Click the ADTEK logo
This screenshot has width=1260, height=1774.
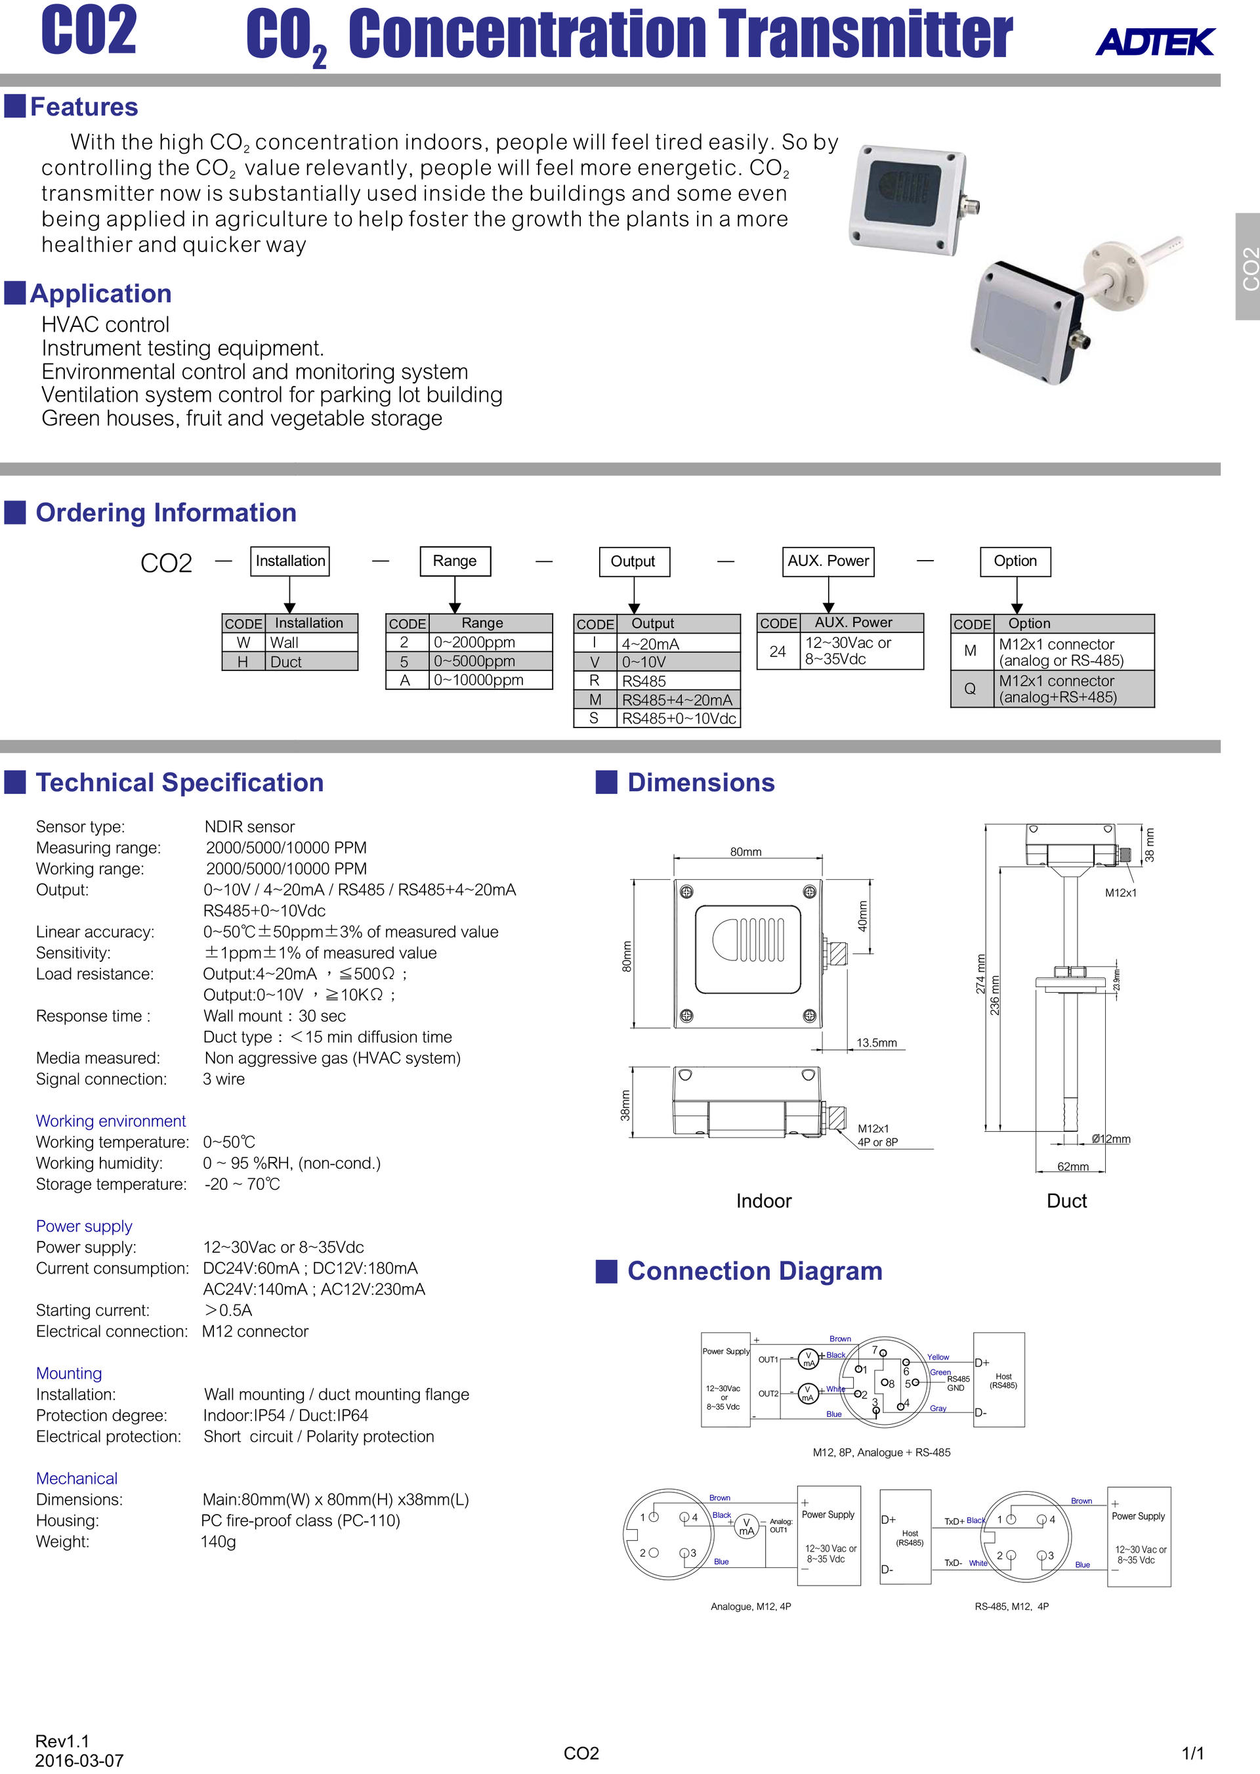1154,42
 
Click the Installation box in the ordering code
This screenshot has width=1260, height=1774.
290,561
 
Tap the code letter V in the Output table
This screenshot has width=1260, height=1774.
595,662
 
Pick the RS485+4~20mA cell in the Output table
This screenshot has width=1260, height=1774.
677,700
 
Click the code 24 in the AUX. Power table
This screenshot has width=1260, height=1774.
778,651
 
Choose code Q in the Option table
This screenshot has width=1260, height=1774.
970,688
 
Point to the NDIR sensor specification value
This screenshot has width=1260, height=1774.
249,827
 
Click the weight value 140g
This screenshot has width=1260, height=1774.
218,1541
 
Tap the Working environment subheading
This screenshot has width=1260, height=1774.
111,1121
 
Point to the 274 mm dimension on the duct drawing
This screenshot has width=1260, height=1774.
980,974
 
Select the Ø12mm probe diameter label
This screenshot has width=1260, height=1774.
1110,1139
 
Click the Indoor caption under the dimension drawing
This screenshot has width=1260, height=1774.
763,1201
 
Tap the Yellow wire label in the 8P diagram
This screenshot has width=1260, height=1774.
937,1357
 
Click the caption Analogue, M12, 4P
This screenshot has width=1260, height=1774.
750,1607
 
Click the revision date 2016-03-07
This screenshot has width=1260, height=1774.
79,1760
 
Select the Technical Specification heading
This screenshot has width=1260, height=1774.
179,782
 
